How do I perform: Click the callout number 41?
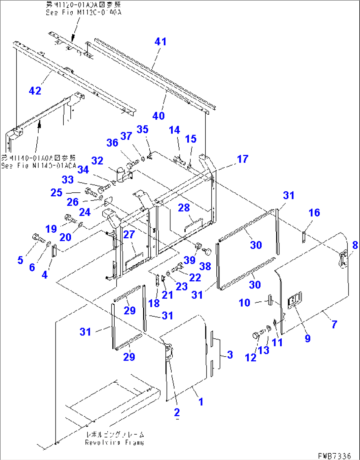click(x=161, y=42)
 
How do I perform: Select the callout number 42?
click(x=35, y=91)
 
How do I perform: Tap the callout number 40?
click(x=159, y=116)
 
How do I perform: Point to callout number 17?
click(x=243, y=159)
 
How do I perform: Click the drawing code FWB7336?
click(x=334, y=456)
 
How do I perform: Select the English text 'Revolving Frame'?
click(x=114, y=442)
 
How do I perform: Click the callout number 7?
click(x=334, y=324)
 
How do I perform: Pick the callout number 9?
click(x=307, y=338)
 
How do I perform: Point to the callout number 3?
click(x=230, y=355)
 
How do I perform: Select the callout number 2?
click(x=177, y=412)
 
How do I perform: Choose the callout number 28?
click(x=184, y=208)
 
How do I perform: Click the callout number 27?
click(x=129, y=234)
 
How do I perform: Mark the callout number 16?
click(x=314, y=212)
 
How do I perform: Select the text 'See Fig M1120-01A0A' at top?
click(x=84, y=12)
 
